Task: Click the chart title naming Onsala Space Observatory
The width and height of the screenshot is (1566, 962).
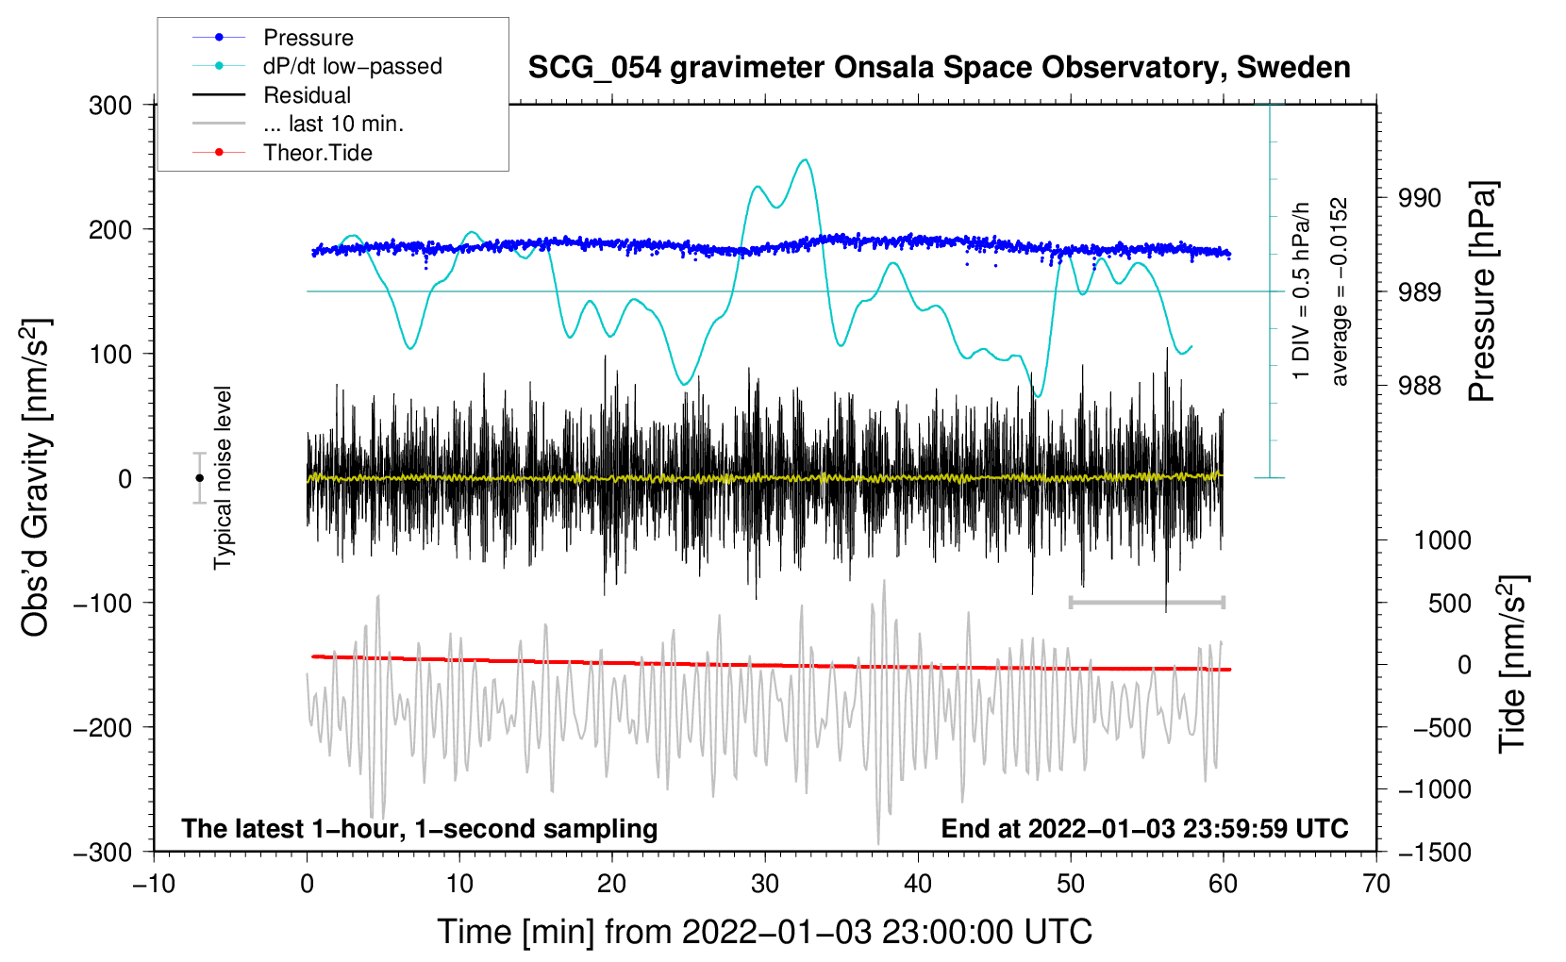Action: coord(939,68)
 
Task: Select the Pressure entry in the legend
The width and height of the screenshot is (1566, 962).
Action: coord(308,38)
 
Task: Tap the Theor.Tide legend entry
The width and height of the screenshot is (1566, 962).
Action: coord(317,153)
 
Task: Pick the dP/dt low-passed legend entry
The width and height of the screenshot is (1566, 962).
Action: coord(352,66)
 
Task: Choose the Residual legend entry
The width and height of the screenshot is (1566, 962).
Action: coord(307,95)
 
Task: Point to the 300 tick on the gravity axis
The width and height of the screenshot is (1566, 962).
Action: coord(110,106)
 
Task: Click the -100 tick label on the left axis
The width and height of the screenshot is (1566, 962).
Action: coord(103,603)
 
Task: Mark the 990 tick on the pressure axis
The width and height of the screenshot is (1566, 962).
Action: coord(1419,198)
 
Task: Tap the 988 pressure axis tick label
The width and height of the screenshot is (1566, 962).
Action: coord(1419,385)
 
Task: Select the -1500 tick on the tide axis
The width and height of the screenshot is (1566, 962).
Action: coord(1435,852)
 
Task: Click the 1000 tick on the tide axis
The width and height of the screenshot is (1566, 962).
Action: coord(1441,540)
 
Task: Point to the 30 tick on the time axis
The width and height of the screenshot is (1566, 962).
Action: coord(765,884)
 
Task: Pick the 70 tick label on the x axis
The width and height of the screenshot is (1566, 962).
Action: coord(1376,884)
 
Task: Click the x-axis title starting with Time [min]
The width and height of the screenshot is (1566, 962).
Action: coord(764,932)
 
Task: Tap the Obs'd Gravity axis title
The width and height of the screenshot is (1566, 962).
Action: coord(36,478)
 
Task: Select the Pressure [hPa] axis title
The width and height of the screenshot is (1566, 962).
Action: coord(1483,291)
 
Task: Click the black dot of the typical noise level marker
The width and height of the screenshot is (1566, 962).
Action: coord(200,478)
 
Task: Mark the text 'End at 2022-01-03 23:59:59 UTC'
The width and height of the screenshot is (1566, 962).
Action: coord(1144,829)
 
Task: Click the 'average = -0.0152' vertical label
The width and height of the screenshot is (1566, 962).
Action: coord(1340,291)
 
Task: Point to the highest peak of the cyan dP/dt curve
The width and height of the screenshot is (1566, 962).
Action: coord(805,160)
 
